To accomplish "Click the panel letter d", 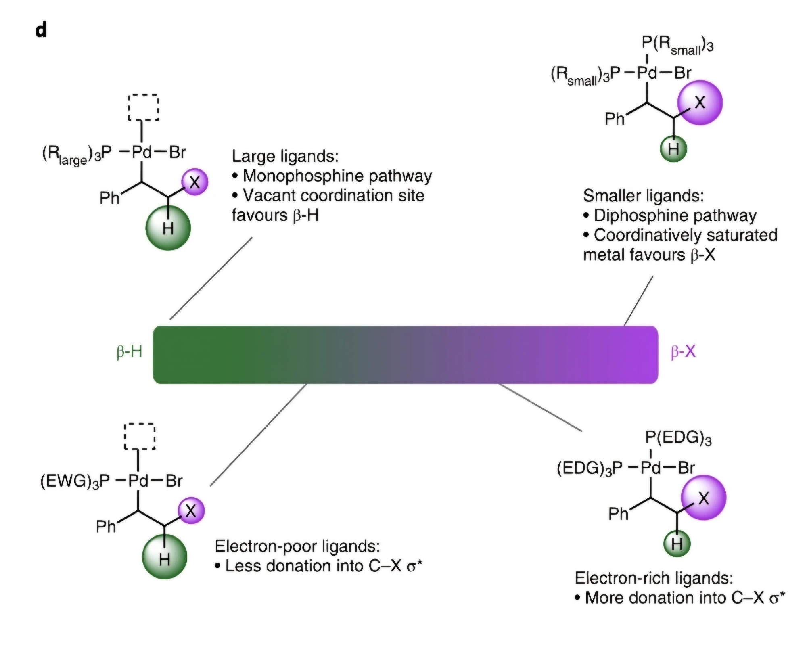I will coord(41,30).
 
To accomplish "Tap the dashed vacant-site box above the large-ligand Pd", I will coord(143,107).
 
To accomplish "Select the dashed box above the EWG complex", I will coord(140,436).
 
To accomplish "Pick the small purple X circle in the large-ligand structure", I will coord(194,182).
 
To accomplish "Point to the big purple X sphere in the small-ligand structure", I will coord(700,102).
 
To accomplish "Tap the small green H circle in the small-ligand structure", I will coord(673,149).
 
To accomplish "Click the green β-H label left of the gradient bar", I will coord(129,351).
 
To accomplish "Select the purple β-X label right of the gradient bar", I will coord(683,351).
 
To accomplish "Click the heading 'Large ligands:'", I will coord(285,156).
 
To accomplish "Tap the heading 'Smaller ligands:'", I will coord(643,196).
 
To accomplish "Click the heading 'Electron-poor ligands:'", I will coord(297,546).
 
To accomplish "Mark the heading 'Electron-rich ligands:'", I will coord(654,578).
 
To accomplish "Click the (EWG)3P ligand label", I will coord(75,481).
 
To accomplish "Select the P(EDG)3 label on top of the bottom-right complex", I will coord(678,438).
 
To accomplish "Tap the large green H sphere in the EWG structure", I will coord(164,557).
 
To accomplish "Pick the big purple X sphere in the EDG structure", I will coord(703,498).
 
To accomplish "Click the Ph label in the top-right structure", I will coord(615,119).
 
